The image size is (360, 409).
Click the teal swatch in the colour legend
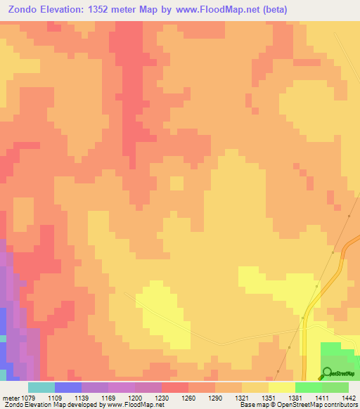[x=41, y=387]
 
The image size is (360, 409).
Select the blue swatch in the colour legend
[x=67, y=387]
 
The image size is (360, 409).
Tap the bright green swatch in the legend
[x=308, y=387]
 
